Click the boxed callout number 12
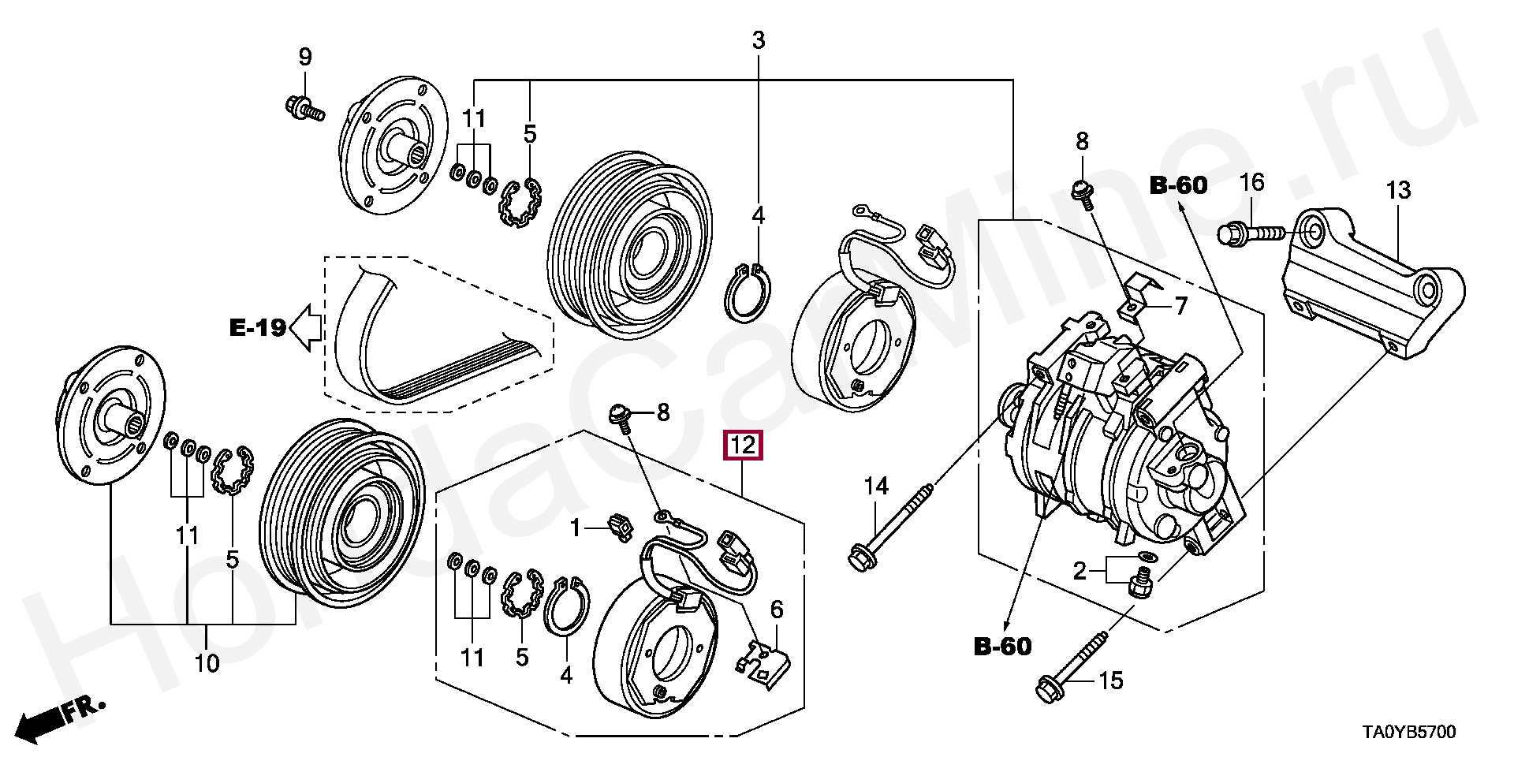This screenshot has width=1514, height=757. (x=744, y=446)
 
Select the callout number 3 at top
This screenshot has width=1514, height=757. (x=758, y=40)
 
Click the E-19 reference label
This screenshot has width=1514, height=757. (x=257, y=327)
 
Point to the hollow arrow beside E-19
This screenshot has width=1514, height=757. (x=306, y=327)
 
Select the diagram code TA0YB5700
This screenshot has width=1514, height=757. (x=1408, y=733)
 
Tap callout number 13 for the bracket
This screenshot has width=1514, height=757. (x=1398, y=191)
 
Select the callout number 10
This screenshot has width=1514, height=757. (x=207, y=664)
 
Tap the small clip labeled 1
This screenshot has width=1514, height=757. (x=621, y=527)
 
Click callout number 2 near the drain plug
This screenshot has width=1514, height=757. (x=1079, y=571)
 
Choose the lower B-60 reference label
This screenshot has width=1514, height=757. (x=1002, y=647)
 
